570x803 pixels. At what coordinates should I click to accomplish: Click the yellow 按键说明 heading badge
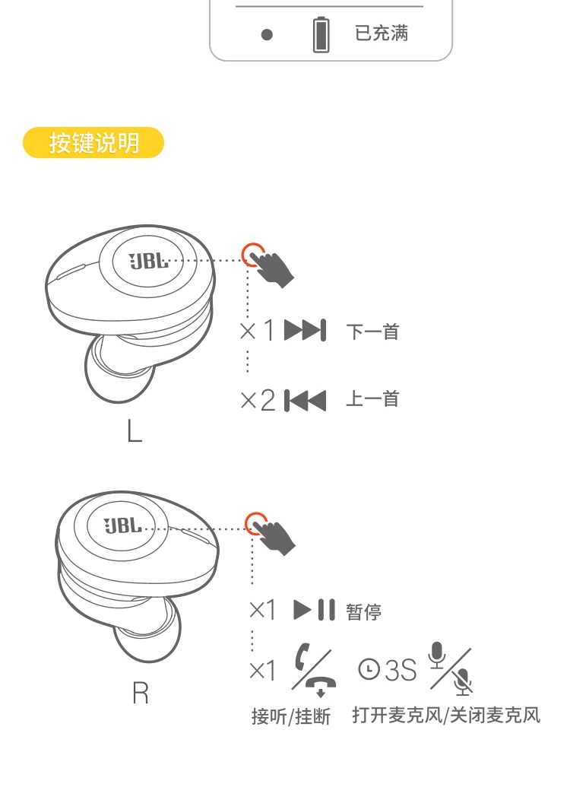point(93,143)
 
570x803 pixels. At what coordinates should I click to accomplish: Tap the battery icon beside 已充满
point(322,35)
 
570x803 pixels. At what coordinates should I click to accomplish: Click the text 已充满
point(382,33)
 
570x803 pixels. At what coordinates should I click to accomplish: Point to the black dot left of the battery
point(266,35)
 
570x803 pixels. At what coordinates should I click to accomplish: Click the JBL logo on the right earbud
point(122,526)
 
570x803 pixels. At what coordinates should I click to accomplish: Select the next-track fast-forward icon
point(305,331)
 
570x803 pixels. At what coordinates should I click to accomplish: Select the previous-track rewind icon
point(305,400)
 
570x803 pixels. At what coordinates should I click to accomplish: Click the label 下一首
point(372,332)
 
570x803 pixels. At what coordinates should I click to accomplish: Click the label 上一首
point(372,400)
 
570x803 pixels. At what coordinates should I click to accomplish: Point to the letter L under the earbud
point(134,431)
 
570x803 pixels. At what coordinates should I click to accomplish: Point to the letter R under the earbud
point(140,693)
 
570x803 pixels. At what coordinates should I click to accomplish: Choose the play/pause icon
point(314,610)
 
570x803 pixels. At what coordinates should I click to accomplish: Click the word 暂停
point(364,611)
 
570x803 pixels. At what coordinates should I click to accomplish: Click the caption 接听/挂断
point(291,716)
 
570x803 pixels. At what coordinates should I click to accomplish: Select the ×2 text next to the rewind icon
point(258,401)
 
